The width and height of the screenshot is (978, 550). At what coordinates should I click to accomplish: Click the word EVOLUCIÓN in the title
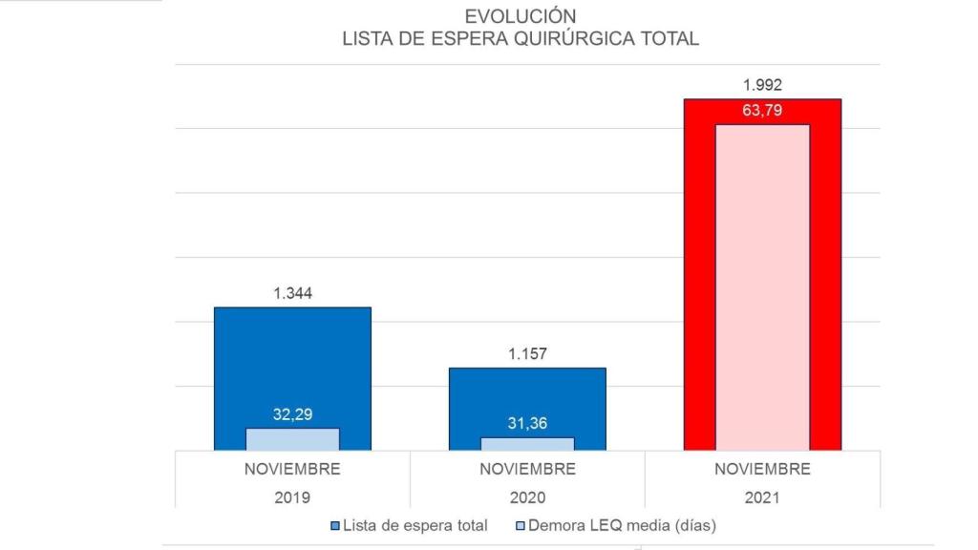[x=521, y=16]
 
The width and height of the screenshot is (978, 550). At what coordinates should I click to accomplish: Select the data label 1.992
[x=762, y=84]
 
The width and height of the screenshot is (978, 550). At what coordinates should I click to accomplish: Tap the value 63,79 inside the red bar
[x=762, y=110]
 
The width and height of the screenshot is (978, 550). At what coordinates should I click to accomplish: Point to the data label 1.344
[x=292, y=293]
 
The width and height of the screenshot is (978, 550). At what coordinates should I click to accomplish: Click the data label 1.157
[x=527, y=354]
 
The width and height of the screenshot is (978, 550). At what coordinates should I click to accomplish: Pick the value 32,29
[x=292, y=415]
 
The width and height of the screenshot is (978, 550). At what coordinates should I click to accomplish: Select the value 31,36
[x=527, y=424]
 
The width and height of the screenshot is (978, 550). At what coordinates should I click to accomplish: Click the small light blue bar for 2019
[x=292, y=439]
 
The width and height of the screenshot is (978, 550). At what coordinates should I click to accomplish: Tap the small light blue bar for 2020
[x=527, y=444]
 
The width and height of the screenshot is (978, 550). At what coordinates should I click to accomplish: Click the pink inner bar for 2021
[x=762, y=286]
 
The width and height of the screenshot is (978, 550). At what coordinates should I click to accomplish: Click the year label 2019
[x=292, y=497]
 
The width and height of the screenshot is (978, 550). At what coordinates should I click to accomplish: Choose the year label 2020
[x=527, y=497]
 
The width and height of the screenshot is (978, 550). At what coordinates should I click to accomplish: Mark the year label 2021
[x=762, y=497]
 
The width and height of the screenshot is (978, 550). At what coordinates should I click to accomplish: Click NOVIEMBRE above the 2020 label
[x=527, y=470]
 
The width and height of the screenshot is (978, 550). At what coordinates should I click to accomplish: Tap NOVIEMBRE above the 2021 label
[x=762, y=470]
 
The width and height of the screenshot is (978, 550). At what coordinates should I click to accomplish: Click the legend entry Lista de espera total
[x=415, y=525]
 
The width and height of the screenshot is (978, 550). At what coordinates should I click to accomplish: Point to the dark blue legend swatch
[x=334, y=526]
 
